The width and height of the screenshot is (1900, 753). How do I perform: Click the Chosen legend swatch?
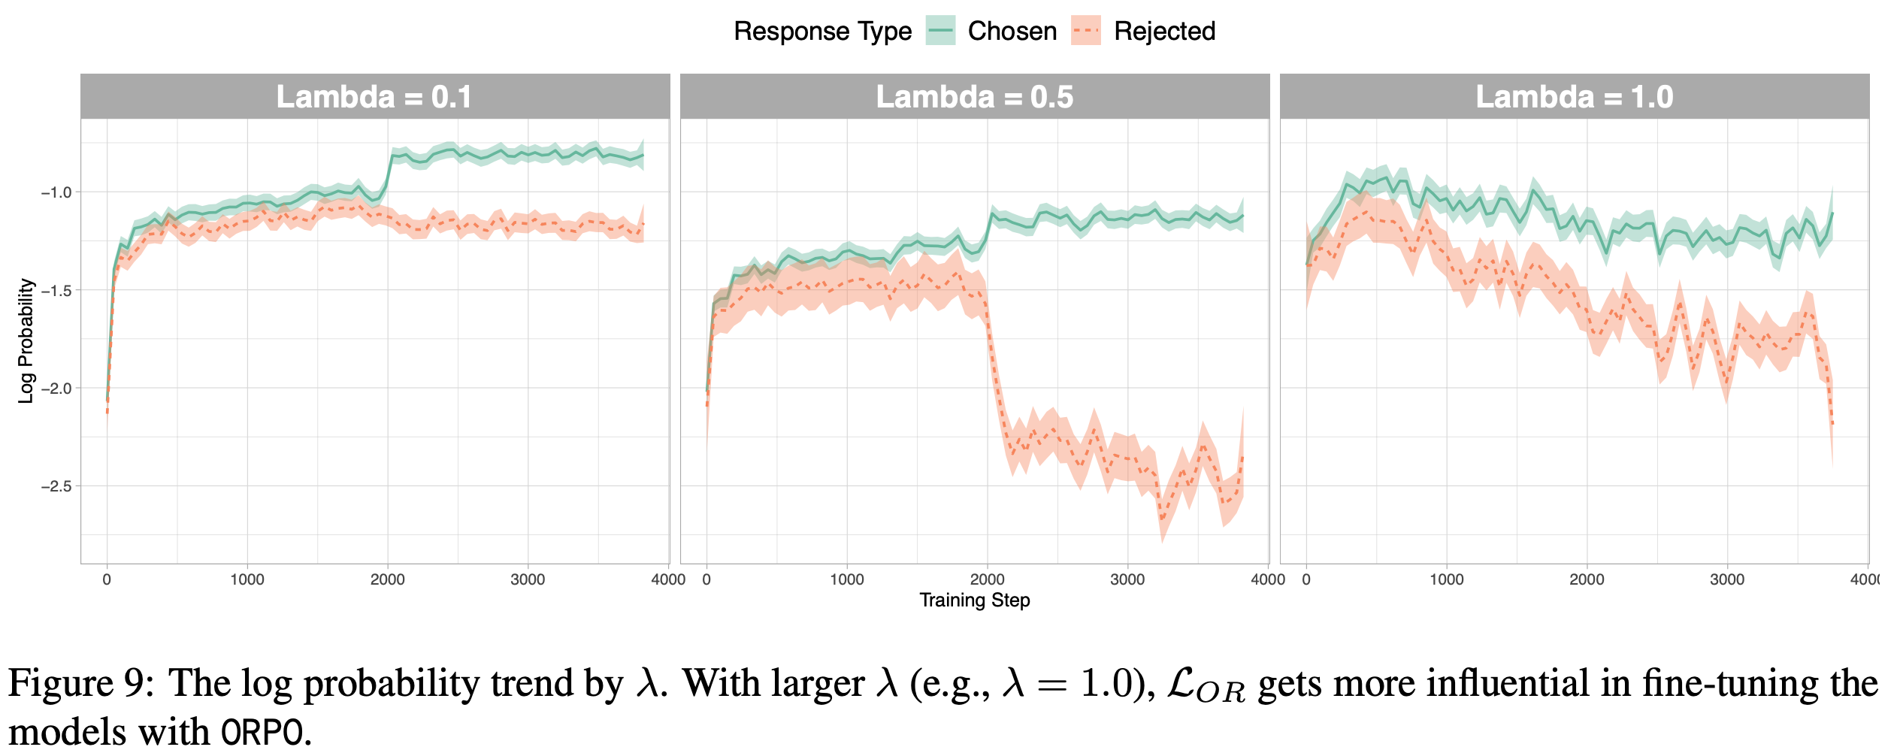click(940, 31)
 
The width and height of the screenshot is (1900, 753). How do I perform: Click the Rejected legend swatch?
click(1086, 31)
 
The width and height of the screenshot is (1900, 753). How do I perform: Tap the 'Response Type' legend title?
click(822, 31)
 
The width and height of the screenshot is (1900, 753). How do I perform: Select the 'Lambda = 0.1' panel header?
click(374, 97)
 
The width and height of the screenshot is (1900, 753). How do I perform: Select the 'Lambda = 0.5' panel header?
click(974, 97)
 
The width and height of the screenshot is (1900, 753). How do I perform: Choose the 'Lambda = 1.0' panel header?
click(1574, 97)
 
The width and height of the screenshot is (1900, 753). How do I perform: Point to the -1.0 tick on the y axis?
click(56, 192)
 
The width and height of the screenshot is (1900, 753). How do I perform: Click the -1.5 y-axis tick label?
click(56, 290)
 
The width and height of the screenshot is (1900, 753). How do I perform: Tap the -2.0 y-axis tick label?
click(56, 389)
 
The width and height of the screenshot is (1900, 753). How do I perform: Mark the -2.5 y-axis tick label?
click(56, 486)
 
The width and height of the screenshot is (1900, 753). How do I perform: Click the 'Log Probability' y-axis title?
click(26, 340)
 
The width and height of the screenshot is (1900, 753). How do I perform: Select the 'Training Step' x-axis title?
click(974, 600)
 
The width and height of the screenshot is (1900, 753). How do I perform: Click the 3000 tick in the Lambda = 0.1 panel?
click(528, 579)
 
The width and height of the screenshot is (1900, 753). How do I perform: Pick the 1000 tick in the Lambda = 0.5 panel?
click(847, 579)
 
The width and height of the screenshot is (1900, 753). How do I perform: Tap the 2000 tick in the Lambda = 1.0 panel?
click(1587, 579)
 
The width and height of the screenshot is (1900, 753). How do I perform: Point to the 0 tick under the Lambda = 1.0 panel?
click(1306, 579)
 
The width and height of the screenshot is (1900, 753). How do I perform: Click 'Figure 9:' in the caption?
click(81, 684)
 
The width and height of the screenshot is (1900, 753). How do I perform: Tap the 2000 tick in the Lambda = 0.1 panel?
click(387, 579)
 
